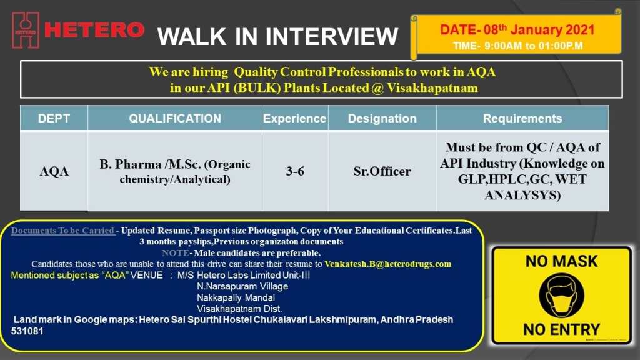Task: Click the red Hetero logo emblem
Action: [26, 30]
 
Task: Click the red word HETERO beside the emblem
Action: [94, 30]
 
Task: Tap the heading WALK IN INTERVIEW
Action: [277, 36]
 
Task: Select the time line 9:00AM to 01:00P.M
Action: [517, 46]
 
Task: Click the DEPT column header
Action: [54, 118]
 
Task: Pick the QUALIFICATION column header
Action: [175, 118]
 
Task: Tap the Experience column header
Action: [295, 118]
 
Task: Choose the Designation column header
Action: [382, 118]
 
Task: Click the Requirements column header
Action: [522, 118]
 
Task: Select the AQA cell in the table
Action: [54, 171]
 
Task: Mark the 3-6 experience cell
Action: [295, 171]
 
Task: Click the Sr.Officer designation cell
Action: [382, 171]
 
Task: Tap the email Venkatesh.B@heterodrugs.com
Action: [387, 264]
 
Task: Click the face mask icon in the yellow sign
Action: [562, 296]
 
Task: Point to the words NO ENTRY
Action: [562, 329]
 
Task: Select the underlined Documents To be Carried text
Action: [63, 231]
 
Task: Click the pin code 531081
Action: [27, 331]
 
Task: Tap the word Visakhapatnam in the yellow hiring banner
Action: [432, 87]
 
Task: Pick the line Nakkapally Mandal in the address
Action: [236, 298]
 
